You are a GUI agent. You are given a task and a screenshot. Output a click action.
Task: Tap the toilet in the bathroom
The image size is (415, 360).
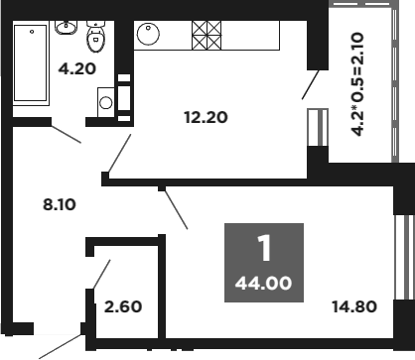coord(96,37)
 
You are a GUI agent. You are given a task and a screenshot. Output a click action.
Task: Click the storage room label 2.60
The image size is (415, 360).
coord(124,305)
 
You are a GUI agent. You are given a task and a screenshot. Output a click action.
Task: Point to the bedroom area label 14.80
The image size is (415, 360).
coord(354,305)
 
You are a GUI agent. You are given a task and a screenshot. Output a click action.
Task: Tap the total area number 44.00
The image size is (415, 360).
coord(263,284)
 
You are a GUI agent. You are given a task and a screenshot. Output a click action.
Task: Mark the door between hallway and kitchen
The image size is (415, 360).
coord(121,152)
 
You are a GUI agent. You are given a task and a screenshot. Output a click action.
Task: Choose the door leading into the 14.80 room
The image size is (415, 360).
coord(175,208)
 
